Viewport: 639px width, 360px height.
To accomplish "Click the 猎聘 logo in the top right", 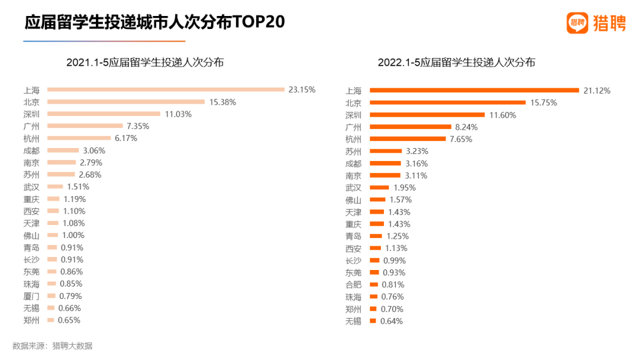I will click(595, 23).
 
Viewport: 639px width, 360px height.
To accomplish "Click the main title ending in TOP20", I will click(154, 22).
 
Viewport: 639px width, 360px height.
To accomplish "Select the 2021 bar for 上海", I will click(166, 90).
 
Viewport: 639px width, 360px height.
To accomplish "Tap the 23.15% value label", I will click(302, 90).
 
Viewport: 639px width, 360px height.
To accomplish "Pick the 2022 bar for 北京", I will click(447, 102).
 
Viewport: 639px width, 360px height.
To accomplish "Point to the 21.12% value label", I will click(596, 91).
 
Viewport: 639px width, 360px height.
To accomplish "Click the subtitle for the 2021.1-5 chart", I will click(145, 62).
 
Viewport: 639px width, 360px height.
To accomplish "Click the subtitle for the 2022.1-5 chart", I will click(456, 62).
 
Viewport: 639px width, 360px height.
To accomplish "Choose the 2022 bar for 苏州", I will click(385, 151).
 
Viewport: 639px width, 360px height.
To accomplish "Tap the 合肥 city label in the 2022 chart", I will click(353, 285).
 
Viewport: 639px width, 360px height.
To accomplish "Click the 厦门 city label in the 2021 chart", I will click(32, 296).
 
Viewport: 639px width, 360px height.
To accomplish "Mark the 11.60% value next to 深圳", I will click(502, 115).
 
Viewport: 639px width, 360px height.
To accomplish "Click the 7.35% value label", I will click(137, 126).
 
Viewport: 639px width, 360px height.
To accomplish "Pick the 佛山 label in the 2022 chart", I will click(353, 200).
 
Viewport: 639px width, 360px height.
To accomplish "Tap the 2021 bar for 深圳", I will click(104, 114).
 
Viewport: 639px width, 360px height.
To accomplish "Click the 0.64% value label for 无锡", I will click(390, 321).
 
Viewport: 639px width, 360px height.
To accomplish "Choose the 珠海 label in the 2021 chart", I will click(32, 284).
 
